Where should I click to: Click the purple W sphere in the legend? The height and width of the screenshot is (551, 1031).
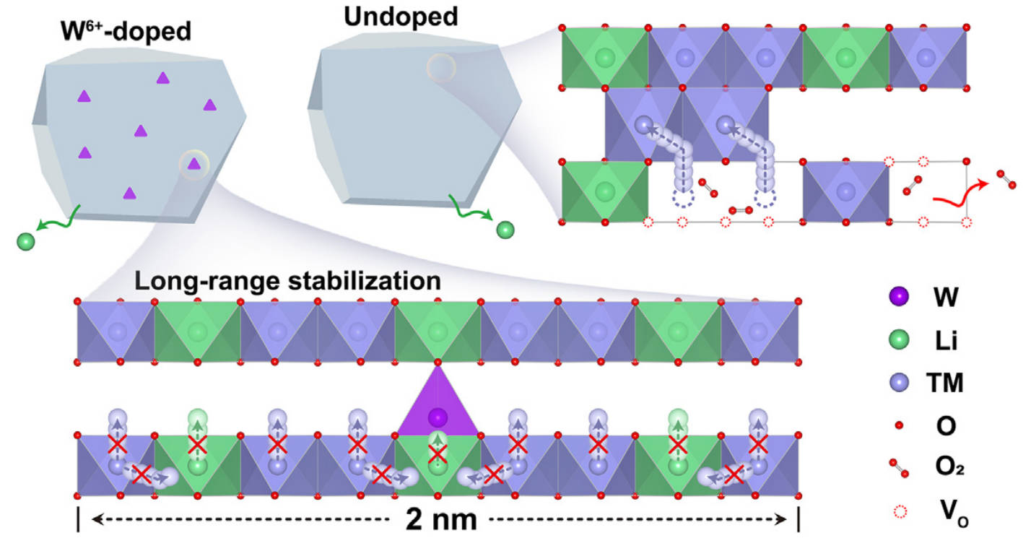(899, 296)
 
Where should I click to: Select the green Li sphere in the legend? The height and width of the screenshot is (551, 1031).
(899, 339)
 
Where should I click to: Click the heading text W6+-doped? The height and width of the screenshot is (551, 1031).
(124, 31)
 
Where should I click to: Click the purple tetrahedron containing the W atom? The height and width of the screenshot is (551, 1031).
(436, 404)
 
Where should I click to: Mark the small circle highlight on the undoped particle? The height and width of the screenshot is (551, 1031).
(440, 68)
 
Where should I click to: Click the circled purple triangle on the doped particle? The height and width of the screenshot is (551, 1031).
(193, 164)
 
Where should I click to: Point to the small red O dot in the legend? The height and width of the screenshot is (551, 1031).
(899, 427)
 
